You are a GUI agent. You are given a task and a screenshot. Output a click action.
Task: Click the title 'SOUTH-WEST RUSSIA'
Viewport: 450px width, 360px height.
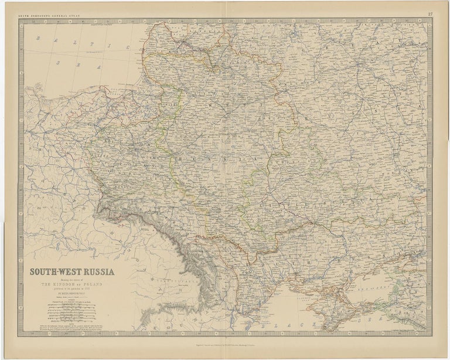pyautogui.click(x=73, y=271)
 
